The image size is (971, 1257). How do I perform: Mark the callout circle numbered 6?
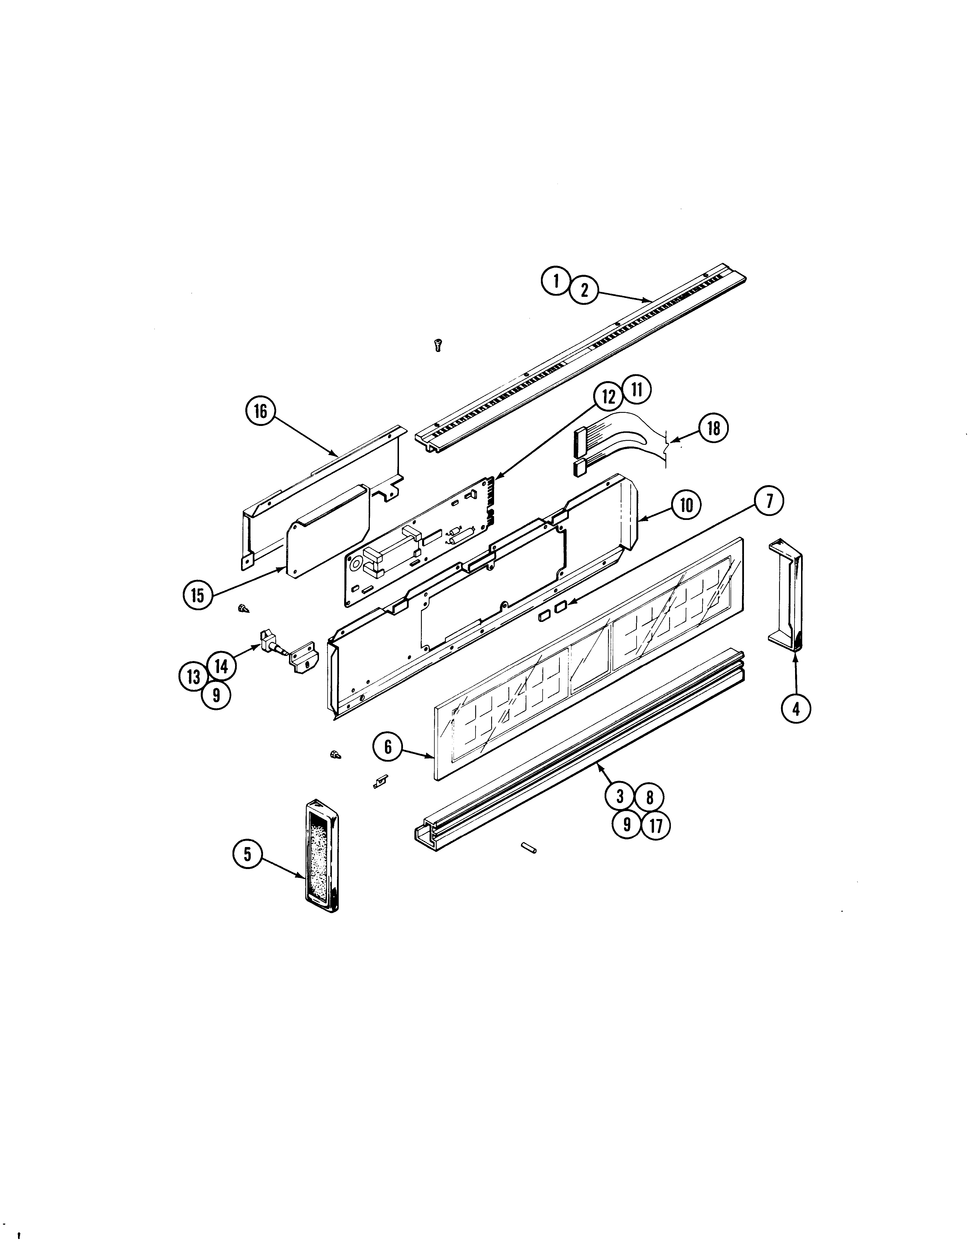pos(388,747)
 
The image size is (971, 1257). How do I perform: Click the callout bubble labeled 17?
pos(656,826)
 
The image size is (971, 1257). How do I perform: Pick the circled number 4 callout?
pos(796,709)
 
